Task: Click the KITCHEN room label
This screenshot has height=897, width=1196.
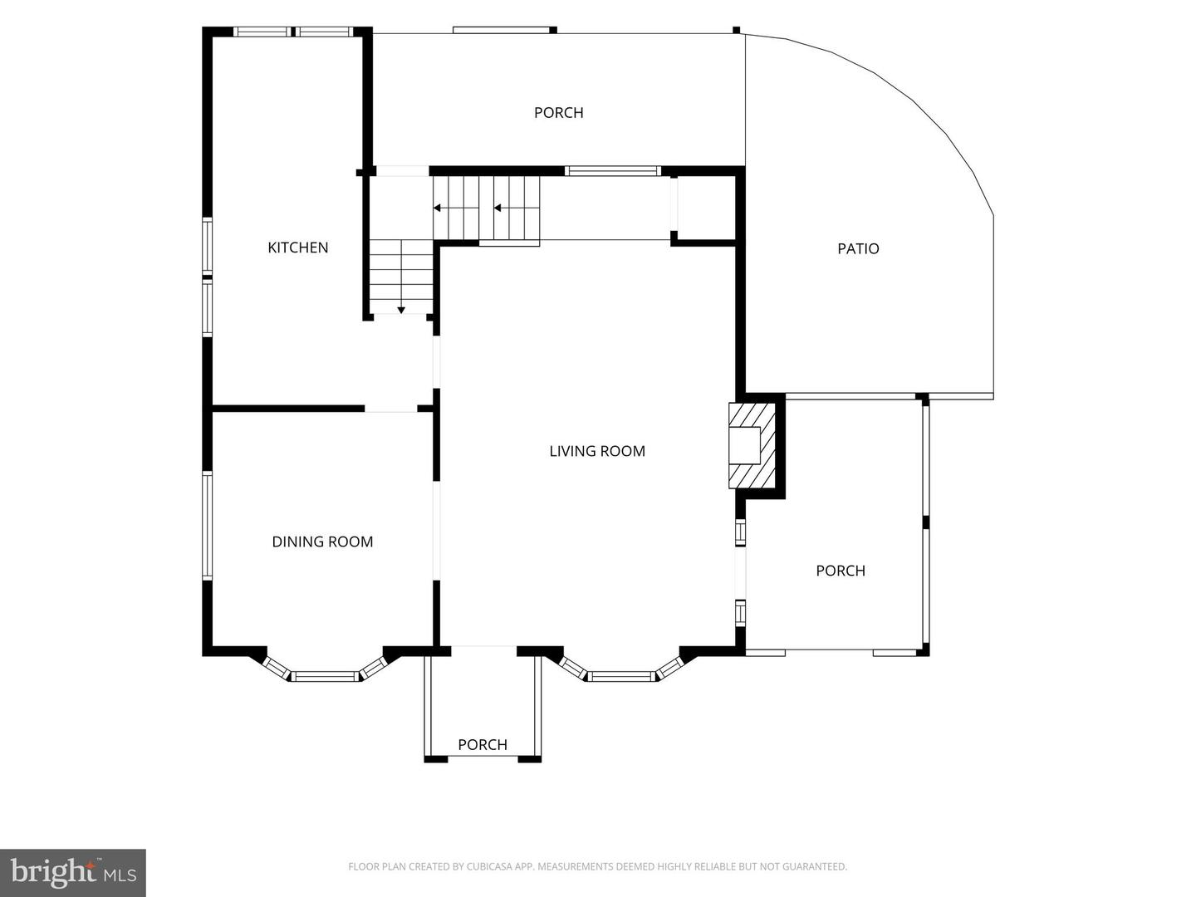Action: click(x=298, y=248)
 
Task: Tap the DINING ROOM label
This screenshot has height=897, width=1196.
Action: click(x=322, y=542)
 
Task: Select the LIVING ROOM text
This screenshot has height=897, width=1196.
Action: click(x=597, y=452)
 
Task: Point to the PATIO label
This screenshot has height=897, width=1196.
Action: click(x=858, y=249)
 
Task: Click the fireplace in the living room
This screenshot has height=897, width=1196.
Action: click(x=752, y=445)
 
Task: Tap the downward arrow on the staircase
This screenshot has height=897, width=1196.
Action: click(x=401, y=310)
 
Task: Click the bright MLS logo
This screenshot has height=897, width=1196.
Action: click(x=73, y=872)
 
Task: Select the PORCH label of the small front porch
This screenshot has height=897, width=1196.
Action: click(x=483, y=744)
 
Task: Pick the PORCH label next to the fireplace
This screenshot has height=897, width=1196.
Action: click(x=841, y=571)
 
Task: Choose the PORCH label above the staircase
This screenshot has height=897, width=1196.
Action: click(x=558, y=113)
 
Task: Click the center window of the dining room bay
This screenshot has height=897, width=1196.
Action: click(x=326, y=676)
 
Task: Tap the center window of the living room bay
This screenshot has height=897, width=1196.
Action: click(x=622, y=676)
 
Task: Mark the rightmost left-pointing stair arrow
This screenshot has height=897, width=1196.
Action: click(x=498, y=208)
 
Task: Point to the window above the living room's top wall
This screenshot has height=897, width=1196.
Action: click(x=612, y=171)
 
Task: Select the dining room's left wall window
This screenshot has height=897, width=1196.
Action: click(x=207, y=525)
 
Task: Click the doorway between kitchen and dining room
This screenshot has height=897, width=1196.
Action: click(x=390, y=409)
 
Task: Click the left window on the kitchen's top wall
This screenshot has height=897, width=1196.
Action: click(x=262, y=32)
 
